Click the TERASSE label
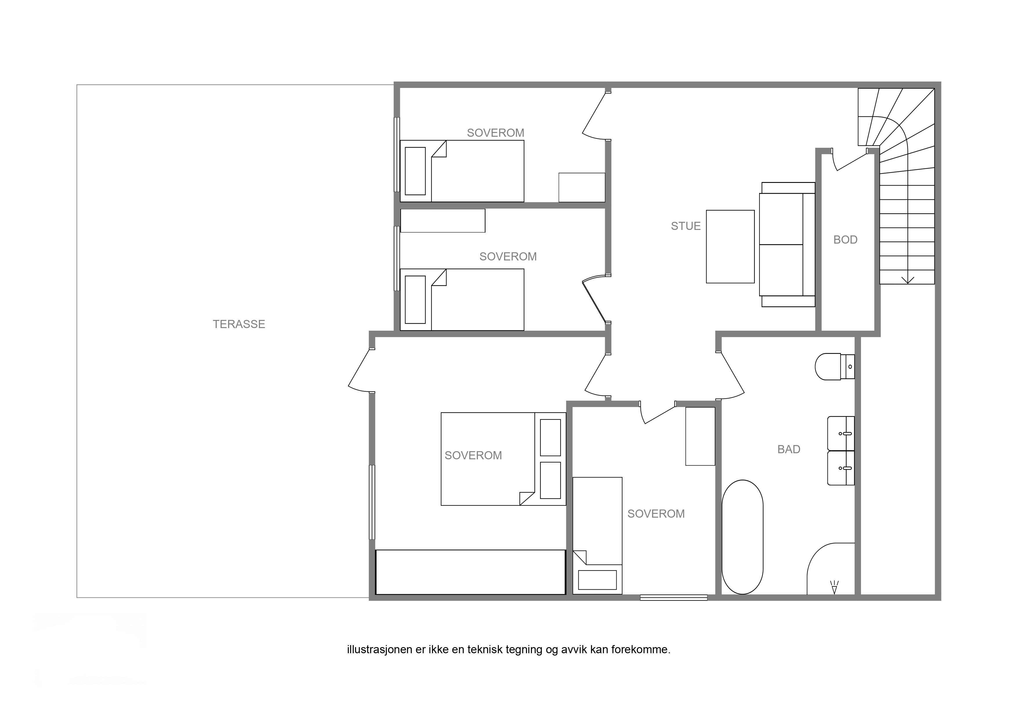tap(239, 324)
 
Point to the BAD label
tap(789, 449)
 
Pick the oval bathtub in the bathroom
tap(743, 537)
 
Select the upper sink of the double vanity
tap(841, 433)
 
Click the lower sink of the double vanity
tap(841, 468)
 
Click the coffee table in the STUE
tap(730, 247)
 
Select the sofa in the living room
tap(788, 244)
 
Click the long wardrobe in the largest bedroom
tap(470, 572)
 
